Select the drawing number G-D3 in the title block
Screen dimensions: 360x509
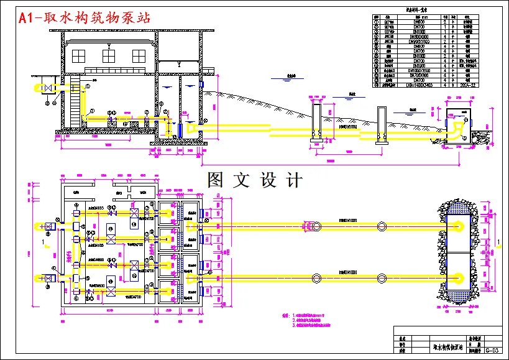coord(493,351)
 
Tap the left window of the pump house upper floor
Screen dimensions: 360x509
coord(78,55)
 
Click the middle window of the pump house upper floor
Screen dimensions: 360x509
coord(109,55)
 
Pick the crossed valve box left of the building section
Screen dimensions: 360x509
coord(47,88)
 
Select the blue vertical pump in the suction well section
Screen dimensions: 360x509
coord(180,130)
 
